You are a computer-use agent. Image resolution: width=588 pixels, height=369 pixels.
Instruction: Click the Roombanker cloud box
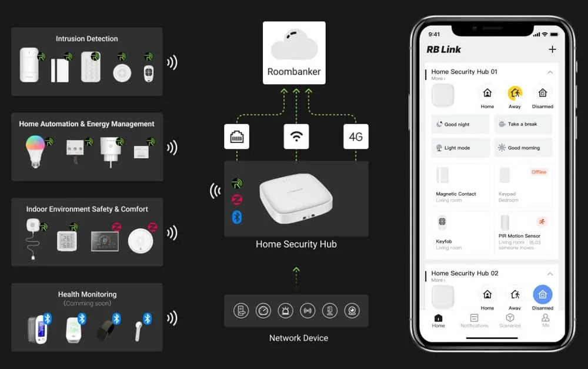(294, 53)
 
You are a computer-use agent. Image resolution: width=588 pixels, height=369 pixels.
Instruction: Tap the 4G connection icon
(356, 137)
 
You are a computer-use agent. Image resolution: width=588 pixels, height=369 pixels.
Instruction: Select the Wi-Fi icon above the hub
(296, 137)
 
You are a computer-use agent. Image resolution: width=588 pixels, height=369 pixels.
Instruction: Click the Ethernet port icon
(236, 137)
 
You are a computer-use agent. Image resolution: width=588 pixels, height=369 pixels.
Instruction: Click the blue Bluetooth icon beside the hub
(236, 217)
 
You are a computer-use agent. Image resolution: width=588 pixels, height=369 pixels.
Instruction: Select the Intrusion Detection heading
(87, 39)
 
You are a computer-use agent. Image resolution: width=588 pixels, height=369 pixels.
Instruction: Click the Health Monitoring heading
(87, 294)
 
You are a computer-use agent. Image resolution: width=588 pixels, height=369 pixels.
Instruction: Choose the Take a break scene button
(523, 124)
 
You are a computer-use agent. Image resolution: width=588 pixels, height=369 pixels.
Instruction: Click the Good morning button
(523, 148)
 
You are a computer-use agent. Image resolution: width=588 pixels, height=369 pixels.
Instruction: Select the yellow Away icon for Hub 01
(514, 94)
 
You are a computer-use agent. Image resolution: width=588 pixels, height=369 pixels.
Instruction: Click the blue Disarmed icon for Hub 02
(542, 295)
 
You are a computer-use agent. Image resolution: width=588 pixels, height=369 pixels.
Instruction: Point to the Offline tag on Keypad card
(539, 172)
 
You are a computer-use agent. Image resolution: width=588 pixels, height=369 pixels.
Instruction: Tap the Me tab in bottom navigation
(545, 320)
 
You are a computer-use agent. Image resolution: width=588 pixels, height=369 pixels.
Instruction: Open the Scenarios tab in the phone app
(510, 320)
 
